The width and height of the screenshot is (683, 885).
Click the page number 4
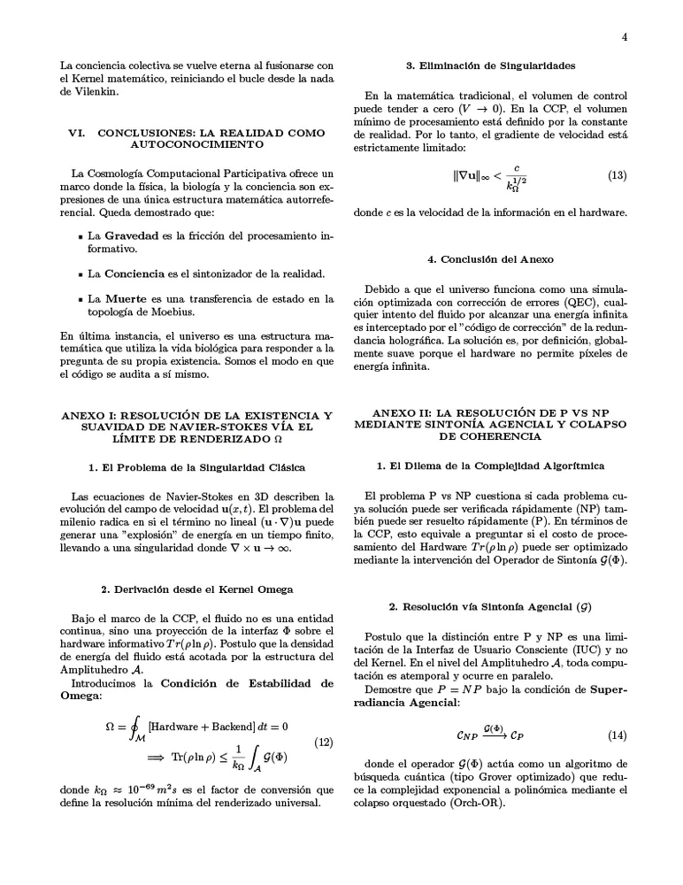(625, 36)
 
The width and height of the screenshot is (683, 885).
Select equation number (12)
(324, 742)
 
